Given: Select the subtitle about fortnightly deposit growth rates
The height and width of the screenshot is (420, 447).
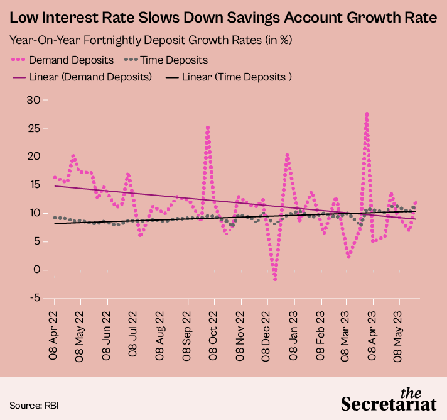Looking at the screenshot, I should coord(151,40).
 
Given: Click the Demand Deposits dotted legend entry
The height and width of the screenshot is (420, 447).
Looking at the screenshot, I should coord(62,60).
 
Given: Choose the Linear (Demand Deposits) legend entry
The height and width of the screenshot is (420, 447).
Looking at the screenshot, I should coord(82,77).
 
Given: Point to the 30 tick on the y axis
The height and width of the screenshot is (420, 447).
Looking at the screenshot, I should coord(33,100).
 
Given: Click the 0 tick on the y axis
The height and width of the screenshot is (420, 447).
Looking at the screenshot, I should coord(37,270).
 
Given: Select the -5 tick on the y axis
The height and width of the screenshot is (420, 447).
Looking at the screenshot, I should coord(34,298).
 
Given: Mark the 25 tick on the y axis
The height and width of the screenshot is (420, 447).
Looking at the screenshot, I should coord(33,128).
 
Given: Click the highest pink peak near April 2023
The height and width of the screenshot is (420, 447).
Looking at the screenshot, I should coord(366,114).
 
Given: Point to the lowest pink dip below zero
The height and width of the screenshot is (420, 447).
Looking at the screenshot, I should coord(275,279).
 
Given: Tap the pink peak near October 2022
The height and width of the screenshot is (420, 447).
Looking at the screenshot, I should coord(207,127).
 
